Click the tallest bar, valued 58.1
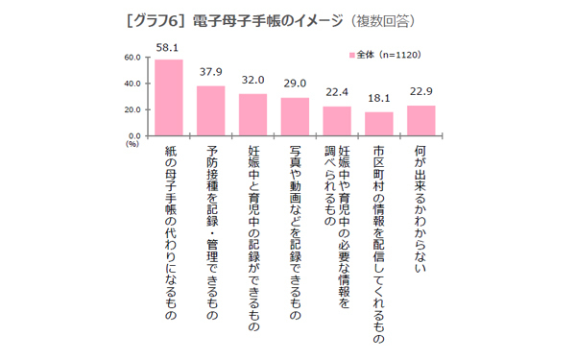pyautogui.click(x=168, y=98)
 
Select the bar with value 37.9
pyautogui.click(x=210, y=111)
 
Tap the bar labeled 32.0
pyautogui.click(x=252, y=115)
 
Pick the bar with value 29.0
pyautogui.click(x=295, y=117)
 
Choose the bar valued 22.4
pyautogui.click(x=337, y=121)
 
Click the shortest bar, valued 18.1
pyautogui.click(x=379, y=124)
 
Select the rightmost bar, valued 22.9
pyautogui.click(x=420, y=121)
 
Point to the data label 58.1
pyautogui.click(x=168, y=48)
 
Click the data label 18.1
pyautogui.click(x=379, y=98)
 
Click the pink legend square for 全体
pyautogui.click(x=351, y=56)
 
